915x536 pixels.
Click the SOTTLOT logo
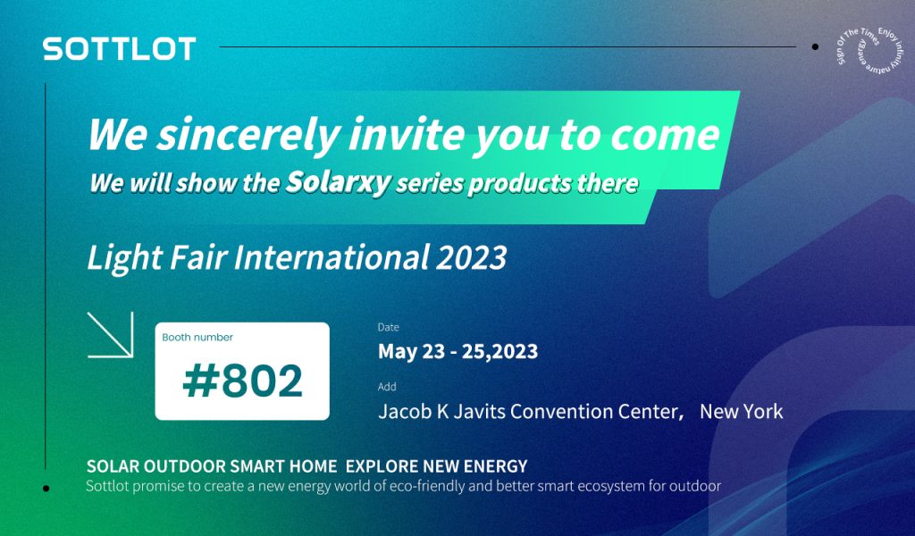[119, 49]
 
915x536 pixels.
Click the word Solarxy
[338, 182]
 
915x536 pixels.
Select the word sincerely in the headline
[248, 135]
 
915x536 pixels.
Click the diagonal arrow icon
[110, 334]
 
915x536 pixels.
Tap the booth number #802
[243, 381]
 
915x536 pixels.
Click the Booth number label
[197, 337]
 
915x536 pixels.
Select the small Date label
[388, 327]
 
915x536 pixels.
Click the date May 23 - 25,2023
[458, 351]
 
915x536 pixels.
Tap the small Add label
[387, 387]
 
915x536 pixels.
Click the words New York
[741, 411]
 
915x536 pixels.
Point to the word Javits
[477, 411]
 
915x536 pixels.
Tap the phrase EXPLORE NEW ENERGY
[436, 466]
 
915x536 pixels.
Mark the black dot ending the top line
[815, 46]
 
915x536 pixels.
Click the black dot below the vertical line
[46, 488]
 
